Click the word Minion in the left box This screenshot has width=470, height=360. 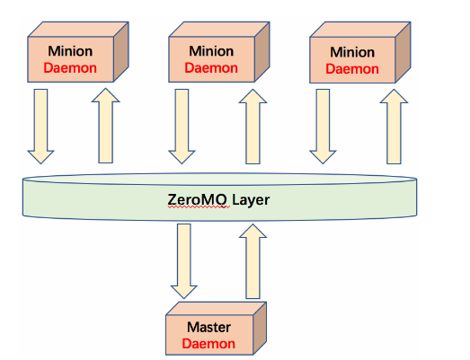70,51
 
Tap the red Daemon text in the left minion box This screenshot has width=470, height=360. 70,68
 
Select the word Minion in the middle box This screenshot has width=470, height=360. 211,51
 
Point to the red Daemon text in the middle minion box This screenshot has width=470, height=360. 211,68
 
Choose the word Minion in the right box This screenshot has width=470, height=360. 352,52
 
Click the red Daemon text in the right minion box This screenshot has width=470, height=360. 352,69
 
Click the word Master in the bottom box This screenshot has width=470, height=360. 208,327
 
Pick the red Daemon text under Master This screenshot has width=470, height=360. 208,344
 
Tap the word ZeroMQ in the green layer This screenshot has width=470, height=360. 197,200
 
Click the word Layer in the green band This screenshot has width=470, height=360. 251,200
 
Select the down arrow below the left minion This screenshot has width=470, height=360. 40,126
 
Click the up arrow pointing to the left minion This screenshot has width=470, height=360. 105,126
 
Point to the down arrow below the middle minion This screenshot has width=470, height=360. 182,126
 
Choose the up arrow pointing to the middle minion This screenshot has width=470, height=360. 253,127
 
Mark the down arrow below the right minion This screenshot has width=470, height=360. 323,126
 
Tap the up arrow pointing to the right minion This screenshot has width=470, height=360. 394,127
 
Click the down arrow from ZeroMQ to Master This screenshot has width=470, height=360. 183,261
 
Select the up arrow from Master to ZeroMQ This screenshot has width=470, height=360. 253,261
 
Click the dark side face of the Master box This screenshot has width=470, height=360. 260,329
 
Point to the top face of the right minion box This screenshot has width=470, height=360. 360,30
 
